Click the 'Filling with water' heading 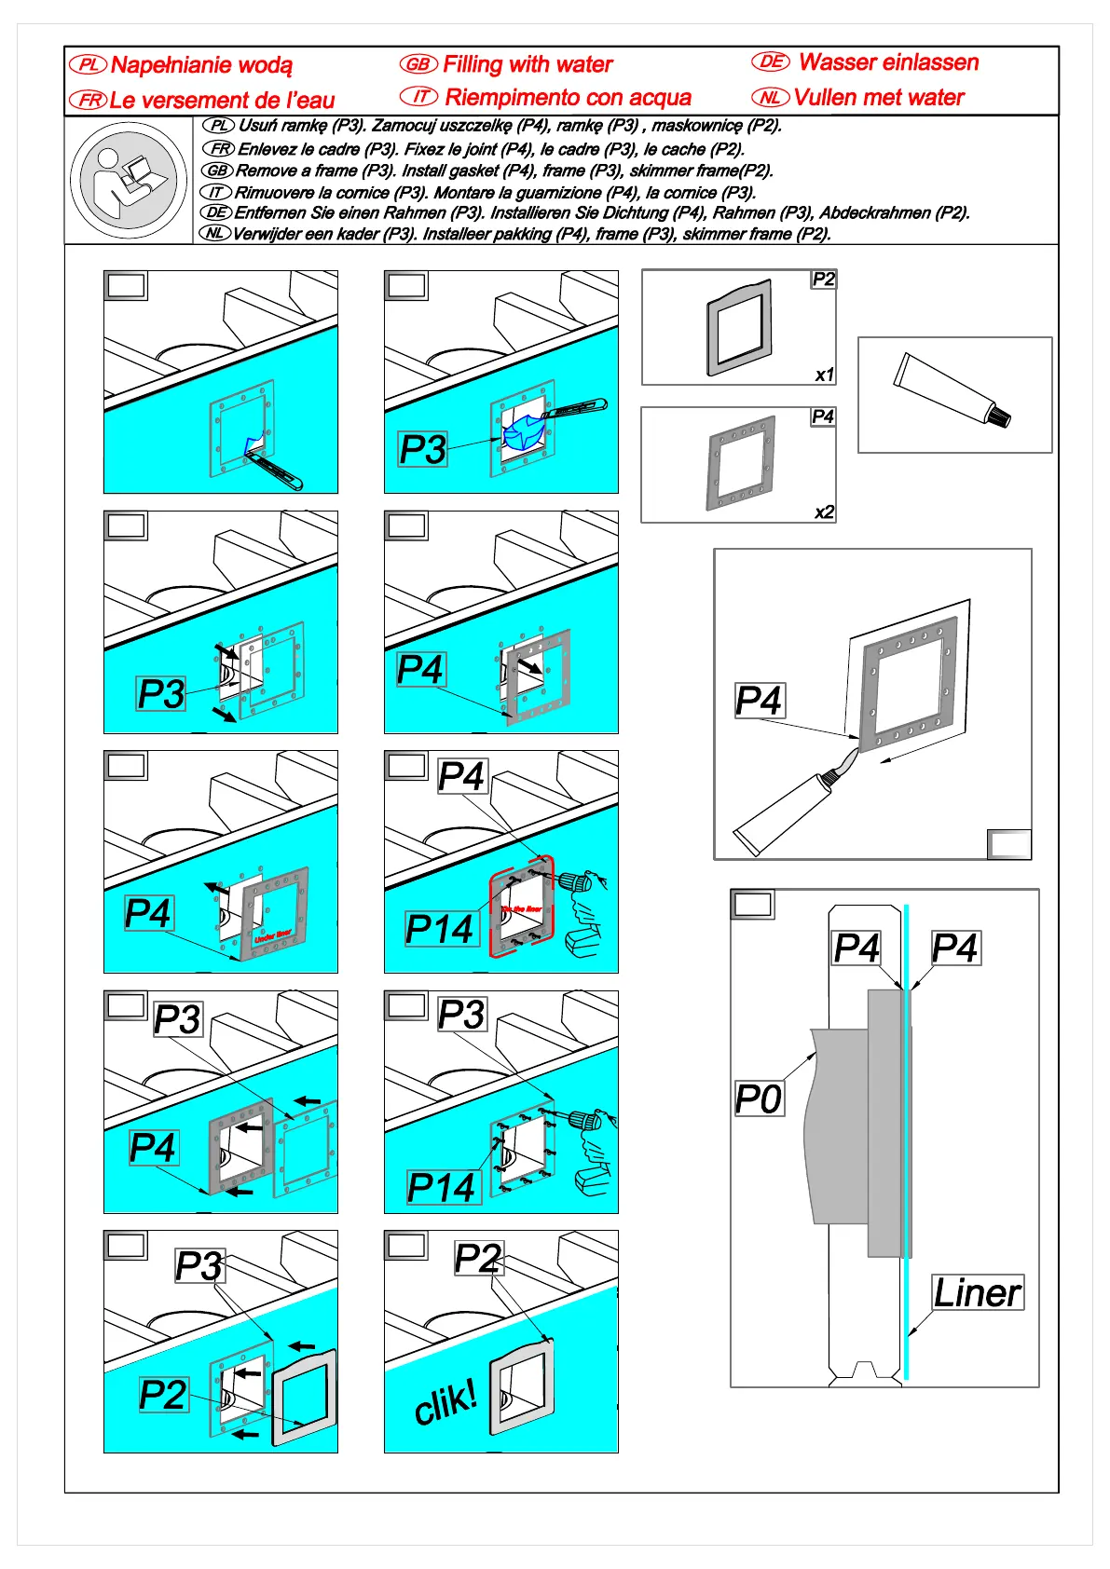(x=527, y=64)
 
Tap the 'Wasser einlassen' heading (x=888, y=62)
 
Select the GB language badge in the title (x=418, y=64)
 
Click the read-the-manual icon (x=128, y=180)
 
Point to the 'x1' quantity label (x=824, y=375)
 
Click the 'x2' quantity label (x=824, y=512)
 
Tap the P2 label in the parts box (x=824, y=280)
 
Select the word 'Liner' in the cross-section (x=978, y=1293)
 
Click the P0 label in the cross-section (x=759, y=1099)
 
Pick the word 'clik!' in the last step (x=445, y=1402)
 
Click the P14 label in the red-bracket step (x=441, y=929)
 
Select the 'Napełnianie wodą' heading (x=201, y=65)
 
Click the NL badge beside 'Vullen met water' (x=771, y=97)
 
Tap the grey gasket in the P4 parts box (x=742, y=463)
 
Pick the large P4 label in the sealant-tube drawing (x=759, y=701)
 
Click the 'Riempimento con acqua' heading (x=568, y=97)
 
